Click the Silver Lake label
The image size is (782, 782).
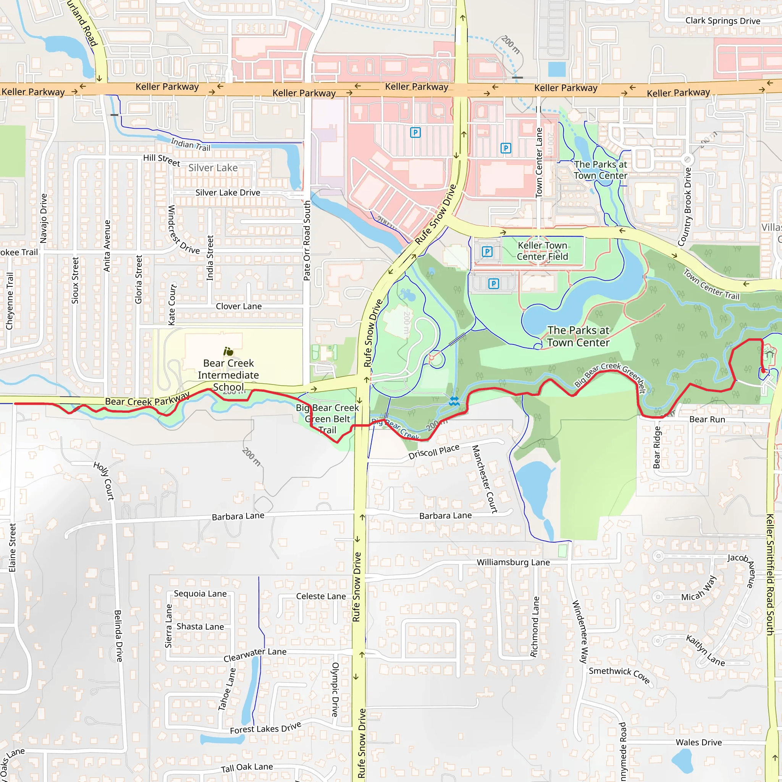(x=213, y=168)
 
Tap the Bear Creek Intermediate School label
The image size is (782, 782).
(x=228, y=375)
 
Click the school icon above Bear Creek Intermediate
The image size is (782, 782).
(x=228, y=351)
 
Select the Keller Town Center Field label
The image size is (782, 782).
(x=542, y=251)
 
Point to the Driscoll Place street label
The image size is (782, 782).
(x=434, y=451)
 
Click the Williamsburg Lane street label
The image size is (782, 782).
(x=513, y=562)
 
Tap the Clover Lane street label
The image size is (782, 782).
(x=239, y=306)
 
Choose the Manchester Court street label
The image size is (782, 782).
(x=485, y=479)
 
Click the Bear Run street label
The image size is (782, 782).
(x=707, y=419)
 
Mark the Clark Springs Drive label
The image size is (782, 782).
(x=722, y=21)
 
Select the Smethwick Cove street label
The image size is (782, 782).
(x=619, y=675)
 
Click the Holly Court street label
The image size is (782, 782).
(x=104, y=481)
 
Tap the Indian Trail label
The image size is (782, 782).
(x=191, y=144)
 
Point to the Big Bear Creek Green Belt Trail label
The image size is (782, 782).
(x=328, y=419)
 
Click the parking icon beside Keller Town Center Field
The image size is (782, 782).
(x=487, y=252)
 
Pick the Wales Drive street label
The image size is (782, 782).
(x=699, y=742)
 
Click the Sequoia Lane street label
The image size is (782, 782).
(x=200, y=593)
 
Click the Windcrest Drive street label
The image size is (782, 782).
(x=183, y=230)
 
